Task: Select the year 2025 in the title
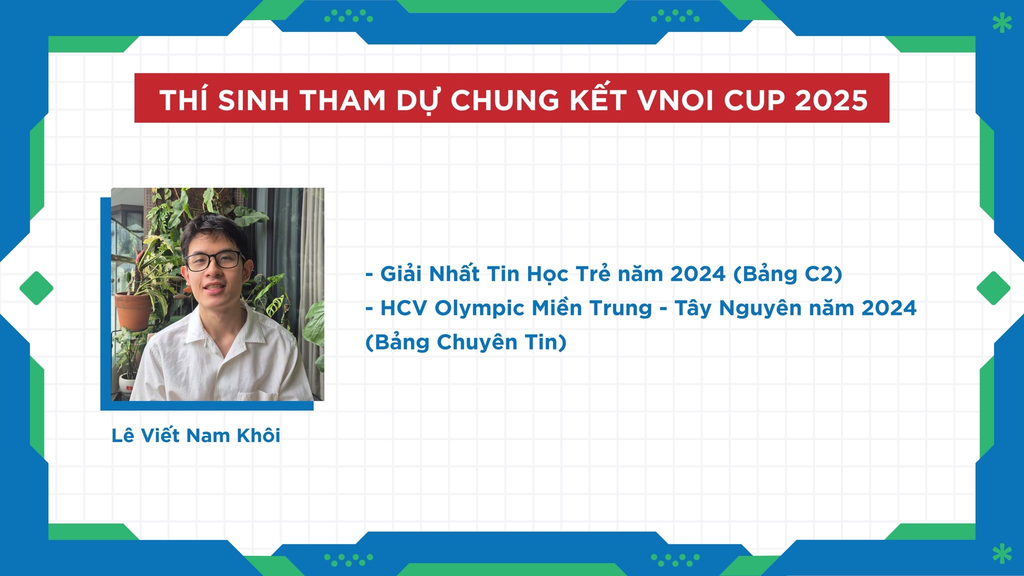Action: (831, 100)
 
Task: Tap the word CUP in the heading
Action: (754, 100)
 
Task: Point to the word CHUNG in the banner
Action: (505, 100)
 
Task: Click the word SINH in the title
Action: (253, 100)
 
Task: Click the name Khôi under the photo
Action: (258, 435)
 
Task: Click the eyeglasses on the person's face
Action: (214, 260)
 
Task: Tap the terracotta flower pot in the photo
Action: (133, 311)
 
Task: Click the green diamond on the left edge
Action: (36, 288)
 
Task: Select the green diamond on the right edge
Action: (993, 288)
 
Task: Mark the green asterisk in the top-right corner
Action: (1002, 23)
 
